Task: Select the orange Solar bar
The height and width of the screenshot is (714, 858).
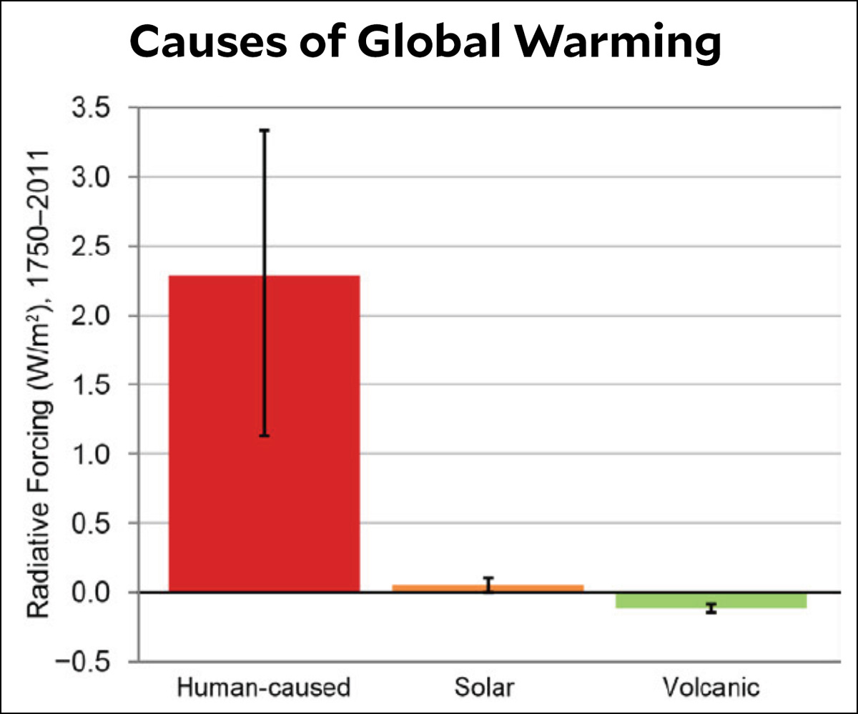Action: tap(429, 588)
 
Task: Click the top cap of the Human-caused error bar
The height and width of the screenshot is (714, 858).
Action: tap(265, 131)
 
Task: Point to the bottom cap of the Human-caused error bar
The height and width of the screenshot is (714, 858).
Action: tap(265, 435)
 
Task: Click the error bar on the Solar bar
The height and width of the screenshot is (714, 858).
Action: tap(488, 585)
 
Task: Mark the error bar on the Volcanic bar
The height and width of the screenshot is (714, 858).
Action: tap(711, 608)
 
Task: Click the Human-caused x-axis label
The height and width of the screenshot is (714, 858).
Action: tap(264, 688)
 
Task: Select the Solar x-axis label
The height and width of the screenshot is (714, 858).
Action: tap(483, 688)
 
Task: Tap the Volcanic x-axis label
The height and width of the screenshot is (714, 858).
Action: tap(711, 688)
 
